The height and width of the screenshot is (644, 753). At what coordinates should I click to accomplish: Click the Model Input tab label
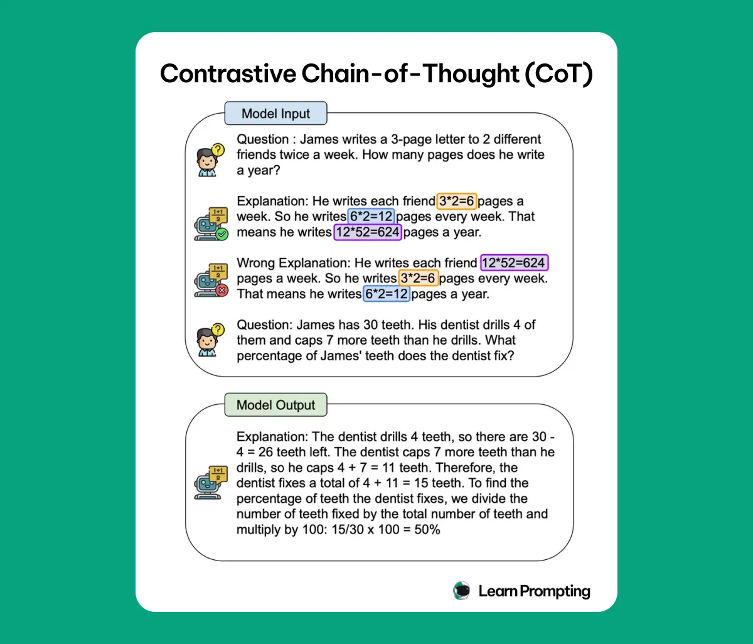pyautogui.click(x=276, y=114)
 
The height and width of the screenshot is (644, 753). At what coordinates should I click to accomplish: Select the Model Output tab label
pyautogui.click(x=276, y=405)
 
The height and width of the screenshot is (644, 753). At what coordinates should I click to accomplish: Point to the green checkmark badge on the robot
pyautogui.click(x=221, y=234)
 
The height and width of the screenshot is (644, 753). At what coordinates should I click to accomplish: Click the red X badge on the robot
pyautogui.click(x=221, y=290)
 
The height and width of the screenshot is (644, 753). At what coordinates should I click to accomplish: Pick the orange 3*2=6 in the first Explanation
pyautogui.click(x=457, y=201)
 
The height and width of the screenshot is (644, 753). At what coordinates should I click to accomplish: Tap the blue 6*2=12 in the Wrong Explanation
pyautogui.click(x=387, y=294)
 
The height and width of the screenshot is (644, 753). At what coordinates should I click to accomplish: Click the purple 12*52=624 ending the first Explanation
pyautogui.click(x=368, y=232)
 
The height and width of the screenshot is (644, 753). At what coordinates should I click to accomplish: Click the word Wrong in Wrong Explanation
pyautogui.click(x=255, y=263)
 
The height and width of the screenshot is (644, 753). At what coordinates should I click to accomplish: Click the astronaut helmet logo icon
pyautogui.click(x=462, y=591)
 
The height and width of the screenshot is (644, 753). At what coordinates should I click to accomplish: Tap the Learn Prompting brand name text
pyautogui.click(x=534, y=591)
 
